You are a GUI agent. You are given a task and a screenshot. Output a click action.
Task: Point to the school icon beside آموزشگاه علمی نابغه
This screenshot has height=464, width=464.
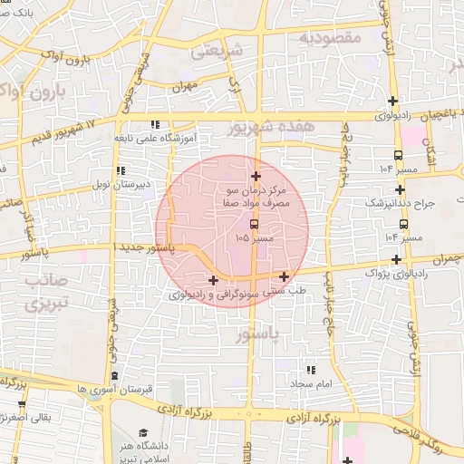[x=155, y=124]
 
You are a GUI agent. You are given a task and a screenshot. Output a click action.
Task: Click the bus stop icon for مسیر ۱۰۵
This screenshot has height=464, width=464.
[x=254, y=224]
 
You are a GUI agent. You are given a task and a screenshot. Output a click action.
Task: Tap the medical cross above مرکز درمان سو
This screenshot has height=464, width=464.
[x=256, y=177]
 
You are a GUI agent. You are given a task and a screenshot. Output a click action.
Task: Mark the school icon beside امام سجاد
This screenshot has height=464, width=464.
[x=311, y=370]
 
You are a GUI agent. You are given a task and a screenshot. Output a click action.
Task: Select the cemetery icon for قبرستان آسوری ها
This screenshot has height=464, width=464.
[x=114, y=375]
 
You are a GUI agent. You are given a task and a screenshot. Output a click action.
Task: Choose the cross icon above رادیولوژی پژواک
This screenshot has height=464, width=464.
[x=396, y=260]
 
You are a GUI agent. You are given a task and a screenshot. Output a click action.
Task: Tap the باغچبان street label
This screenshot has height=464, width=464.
[x=445, y=115]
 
